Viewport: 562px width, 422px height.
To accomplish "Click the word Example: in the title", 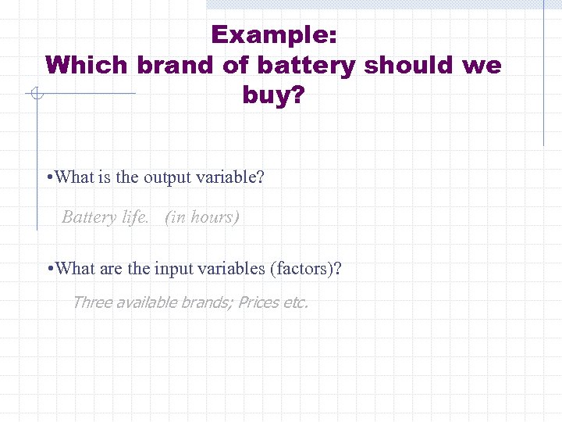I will tap(273, 35).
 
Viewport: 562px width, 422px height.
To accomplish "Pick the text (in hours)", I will tap(202, 217).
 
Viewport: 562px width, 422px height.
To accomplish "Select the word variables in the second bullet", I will tap(230, 270).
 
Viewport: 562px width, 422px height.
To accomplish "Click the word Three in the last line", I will tap(92, 302).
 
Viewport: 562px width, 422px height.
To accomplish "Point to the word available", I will tap(147, 302).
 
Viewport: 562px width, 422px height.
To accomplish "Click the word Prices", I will tap(258, 302).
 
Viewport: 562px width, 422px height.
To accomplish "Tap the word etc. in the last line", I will tap(295, 302).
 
